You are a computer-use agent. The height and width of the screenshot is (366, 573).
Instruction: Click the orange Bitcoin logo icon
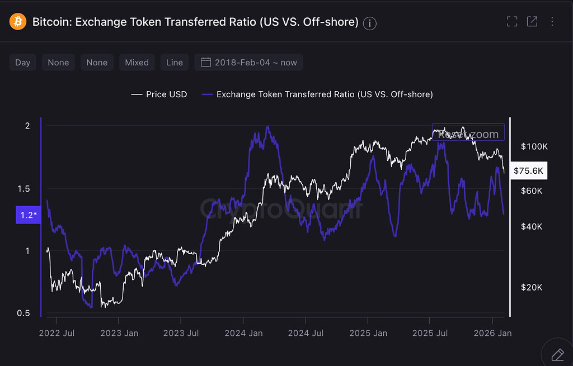pos(18,22)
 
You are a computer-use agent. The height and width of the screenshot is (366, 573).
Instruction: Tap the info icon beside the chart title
pos(370,23)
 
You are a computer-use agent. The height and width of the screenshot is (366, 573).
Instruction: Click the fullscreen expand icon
pos(511,22)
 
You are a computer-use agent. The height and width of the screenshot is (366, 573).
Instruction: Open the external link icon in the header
pos(532,22)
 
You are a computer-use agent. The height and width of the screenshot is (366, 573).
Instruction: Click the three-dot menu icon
pos(552,22)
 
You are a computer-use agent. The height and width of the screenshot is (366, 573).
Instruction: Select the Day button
pos(23,62)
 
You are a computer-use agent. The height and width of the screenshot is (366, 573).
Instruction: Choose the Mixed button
pos(137,62)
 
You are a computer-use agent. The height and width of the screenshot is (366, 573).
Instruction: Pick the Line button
pos(175,62)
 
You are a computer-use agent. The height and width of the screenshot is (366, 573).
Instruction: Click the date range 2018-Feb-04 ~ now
pos(249,62)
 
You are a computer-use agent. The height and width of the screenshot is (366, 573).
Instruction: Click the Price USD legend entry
pos(159,94)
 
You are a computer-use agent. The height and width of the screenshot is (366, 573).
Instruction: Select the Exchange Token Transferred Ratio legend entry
pos(317,94)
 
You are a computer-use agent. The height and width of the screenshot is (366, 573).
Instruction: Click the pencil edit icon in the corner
pos(557,354)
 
